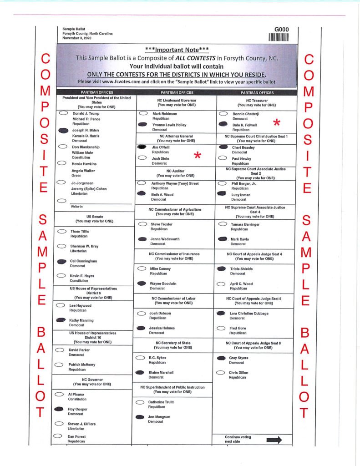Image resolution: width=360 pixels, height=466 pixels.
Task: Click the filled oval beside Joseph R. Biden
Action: click(64, 130)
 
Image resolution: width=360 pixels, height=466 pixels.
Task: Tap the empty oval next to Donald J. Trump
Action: click(64, 113)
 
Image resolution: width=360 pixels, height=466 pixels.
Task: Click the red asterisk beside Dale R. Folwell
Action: click(276, 122)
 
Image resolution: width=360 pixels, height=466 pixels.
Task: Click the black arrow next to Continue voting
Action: click(274, 440)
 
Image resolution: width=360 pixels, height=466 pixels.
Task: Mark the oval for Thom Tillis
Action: click(62, 232)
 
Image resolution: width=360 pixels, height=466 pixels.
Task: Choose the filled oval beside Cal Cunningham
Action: click(62, 262)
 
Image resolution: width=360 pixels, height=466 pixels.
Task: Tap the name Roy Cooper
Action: click(77, 409)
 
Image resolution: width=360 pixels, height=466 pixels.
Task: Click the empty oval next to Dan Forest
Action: click(58, 436)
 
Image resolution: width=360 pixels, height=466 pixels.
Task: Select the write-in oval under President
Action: click(62, 200)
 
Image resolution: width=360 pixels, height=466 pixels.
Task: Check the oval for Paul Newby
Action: click(223, 158)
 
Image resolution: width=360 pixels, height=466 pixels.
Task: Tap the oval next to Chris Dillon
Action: click(221, 373)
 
